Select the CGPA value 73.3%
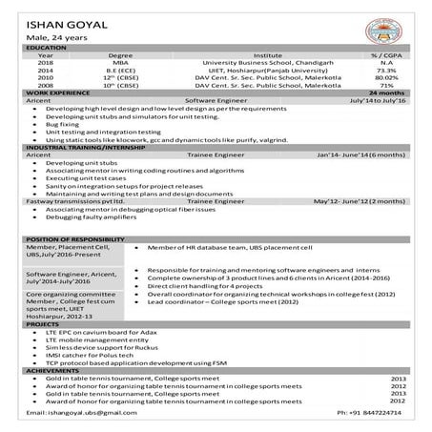point(386,70)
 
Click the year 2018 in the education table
point(45,62)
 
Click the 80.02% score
point(386,76)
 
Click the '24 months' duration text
point(392,92)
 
